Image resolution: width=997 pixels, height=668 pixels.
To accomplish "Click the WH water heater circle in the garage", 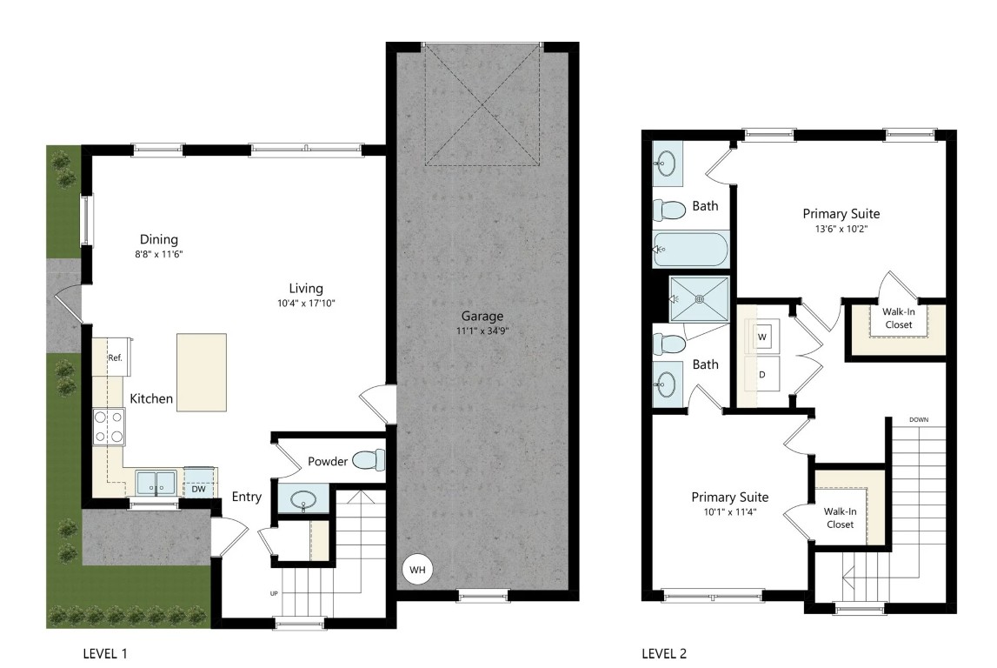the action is pyautogui.click(x=417, y=570).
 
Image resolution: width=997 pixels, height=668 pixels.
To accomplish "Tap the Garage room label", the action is pyautogui.click(x=482, y=317).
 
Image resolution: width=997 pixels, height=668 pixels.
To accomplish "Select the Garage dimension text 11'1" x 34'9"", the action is pyautogui.click(x=482, y=331).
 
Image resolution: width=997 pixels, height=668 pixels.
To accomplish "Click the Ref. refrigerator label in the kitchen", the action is pyautogui.click(x=115, y=358).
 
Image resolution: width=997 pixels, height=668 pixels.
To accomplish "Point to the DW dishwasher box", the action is pyautogui.click(x=198, y=489).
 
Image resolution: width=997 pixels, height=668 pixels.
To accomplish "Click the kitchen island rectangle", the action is pyautogui.click(x=202, y=373).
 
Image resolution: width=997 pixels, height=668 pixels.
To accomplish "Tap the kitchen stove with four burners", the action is pyautogui.click(x=109, y=427).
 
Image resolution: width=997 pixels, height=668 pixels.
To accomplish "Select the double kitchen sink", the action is pyautogui.click(x=156, y=483).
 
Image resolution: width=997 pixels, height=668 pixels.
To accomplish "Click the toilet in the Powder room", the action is pyautogui.click(x=369, y=460).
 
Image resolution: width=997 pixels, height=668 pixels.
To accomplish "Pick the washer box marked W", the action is pyautogui.click(x=761, y=337).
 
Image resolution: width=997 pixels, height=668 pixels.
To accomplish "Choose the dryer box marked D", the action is pyautogui.click(x=761, y=374).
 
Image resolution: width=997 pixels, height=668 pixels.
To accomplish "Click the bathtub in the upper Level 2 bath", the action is pyautogui.click(x=690, y=250).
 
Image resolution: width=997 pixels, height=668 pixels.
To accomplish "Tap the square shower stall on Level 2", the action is pyautogui.click(x=699, y=299).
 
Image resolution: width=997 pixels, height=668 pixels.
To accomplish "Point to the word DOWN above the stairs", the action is pyautogui.click(x=919, y=420).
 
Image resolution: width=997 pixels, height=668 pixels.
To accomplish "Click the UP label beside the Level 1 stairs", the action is pyautogui.click(x=274, y=593).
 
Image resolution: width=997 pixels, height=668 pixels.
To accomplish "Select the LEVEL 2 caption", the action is pyautogui.click(x=664, y=653).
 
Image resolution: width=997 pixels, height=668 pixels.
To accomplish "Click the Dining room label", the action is pyautogui.click(x=159, y=239).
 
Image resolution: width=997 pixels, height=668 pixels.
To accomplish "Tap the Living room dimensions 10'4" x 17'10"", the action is pyautogui.click(x=306, y=304).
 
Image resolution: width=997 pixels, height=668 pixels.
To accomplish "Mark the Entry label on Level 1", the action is pyautogui.click(x=247, y=497).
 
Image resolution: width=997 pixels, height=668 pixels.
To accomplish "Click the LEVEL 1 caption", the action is pyautogui.click(x=105, y=653).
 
